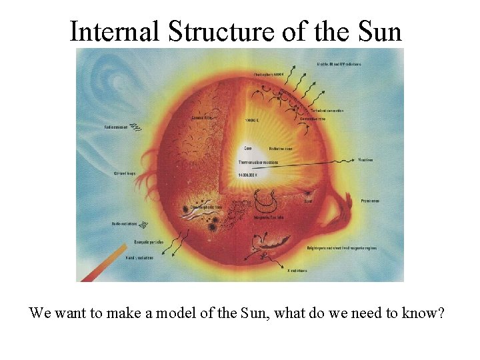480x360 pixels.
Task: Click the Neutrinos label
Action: (365, 160)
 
